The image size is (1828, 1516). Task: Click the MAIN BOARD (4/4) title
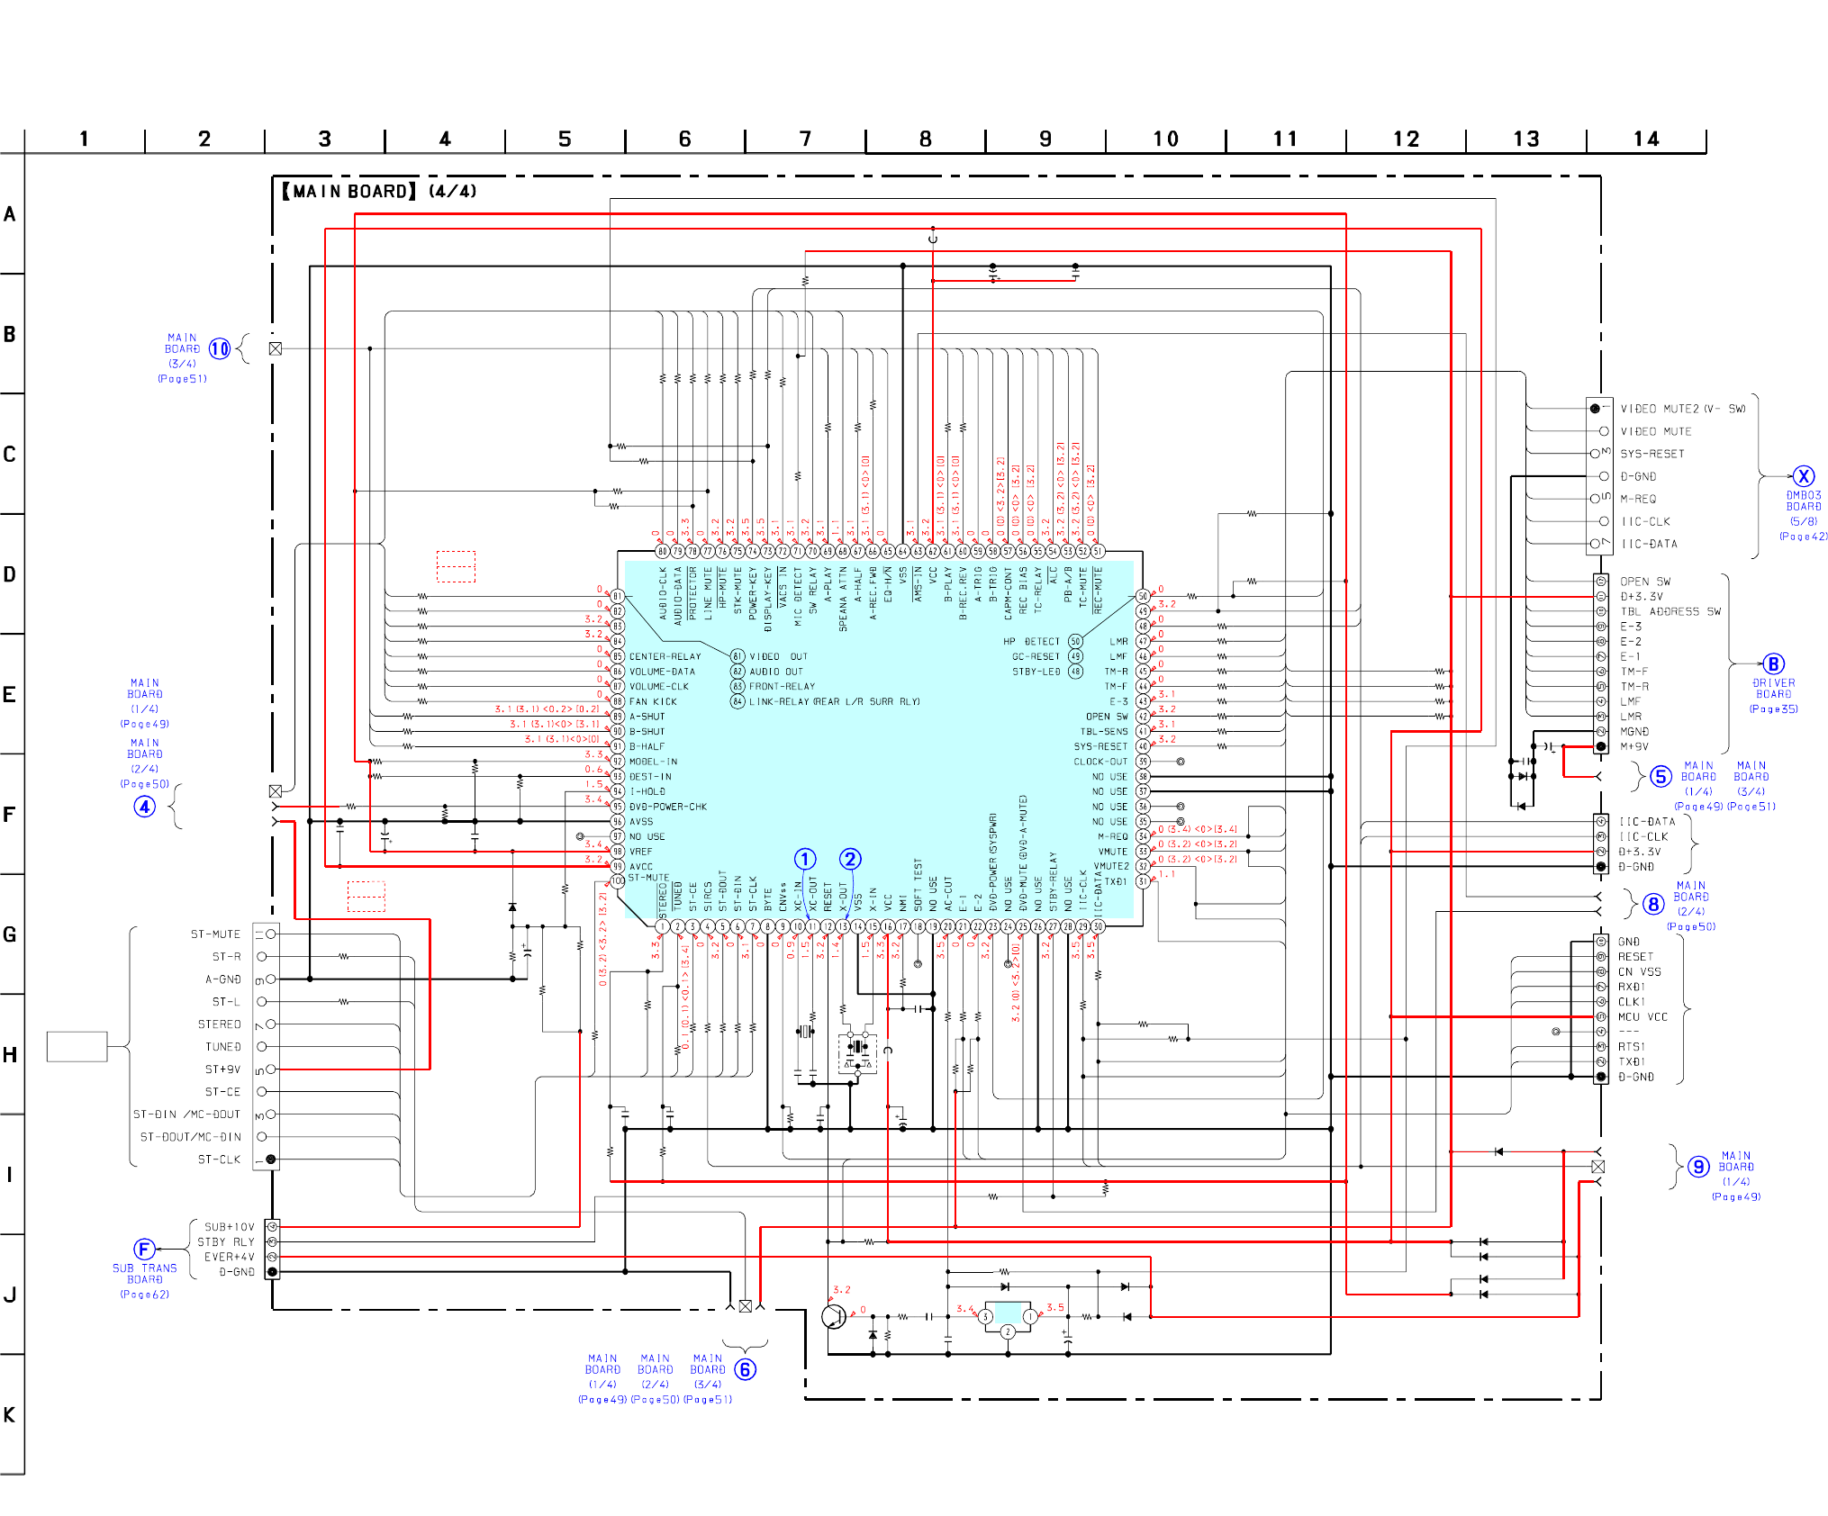(x=379, y=191)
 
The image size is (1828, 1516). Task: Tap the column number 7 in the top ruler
(x=805, y=139)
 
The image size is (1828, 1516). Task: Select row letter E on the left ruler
(x=9, y=694)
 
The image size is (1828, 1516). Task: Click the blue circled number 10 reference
(x=220, y=348)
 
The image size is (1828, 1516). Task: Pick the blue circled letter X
(x=1803, y=476)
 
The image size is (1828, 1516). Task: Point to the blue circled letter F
(x=144, y=1249)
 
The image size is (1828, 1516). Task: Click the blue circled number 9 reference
(x=1698, y=1167)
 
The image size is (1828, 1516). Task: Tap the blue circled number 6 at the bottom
(x=745, y=1369)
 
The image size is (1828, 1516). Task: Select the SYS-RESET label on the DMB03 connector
(x=1652, y=454)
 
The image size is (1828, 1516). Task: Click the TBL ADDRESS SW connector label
(x=1670, y=611)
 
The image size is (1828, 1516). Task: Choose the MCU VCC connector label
(x=1642, y=1016)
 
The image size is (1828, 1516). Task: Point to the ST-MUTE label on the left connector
(x=215, y=934)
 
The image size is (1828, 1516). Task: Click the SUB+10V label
(x=229, y=1226)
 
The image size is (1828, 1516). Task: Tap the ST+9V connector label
(x=222, y=1069)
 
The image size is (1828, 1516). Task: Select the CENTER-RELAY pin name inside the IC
(x=665, y=656)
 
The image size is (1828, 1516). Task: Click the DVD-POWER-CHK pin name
(x=667, y=807)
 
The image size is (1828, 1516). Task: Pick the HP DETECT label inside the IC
(x=1031, y=641)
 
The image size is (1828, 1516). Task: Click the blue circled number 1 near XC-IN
(x=805, y=859)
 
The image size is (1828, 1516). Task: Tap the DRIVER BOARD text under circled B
(x=1773, y=689)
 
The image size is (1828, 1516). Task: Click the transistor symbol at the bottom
(x=835, y=1316)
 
